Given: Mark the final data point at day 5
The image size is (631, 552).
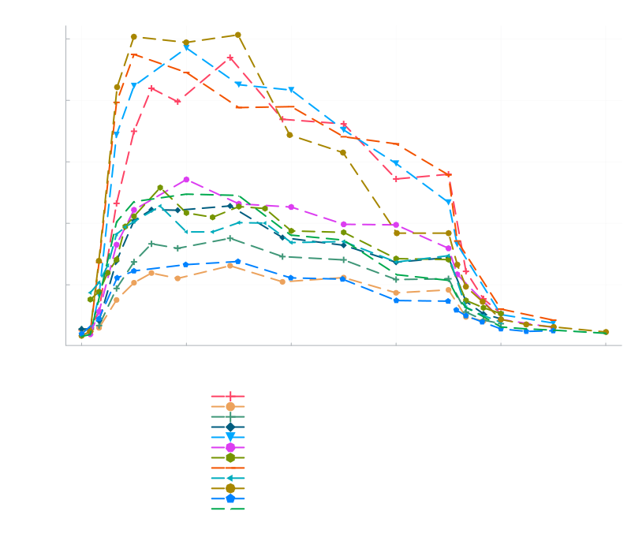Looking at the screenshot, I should click(x=606, y=332).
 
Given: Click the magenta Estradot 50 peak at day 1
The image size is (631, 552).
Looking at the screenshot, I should click(x=186, y=180).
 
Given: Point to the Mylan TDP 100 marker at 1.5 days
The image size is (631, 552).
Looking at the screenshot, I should click(x=238, y=35).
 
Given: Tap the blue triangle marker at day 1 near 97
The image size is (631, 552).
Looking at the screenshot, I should click(x=186, y=48).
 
